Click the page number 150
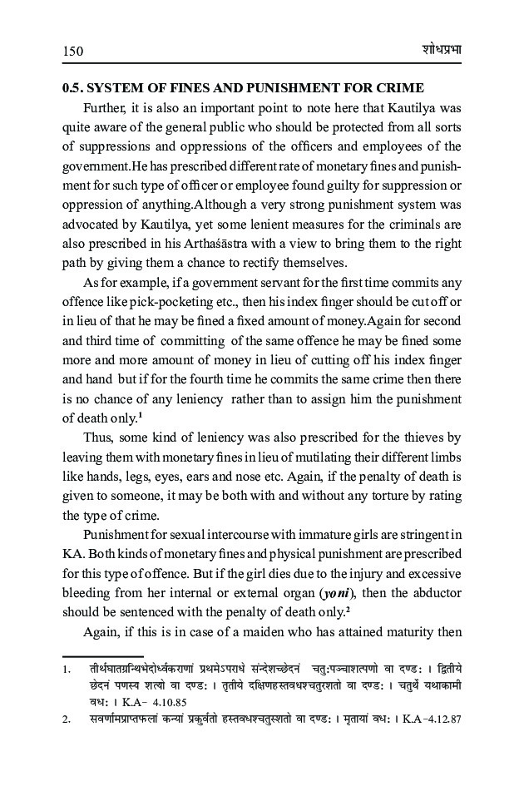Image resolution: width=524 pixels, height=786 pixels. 74,52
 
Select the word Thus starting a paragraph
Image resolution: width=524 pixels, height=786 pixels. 98,437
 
